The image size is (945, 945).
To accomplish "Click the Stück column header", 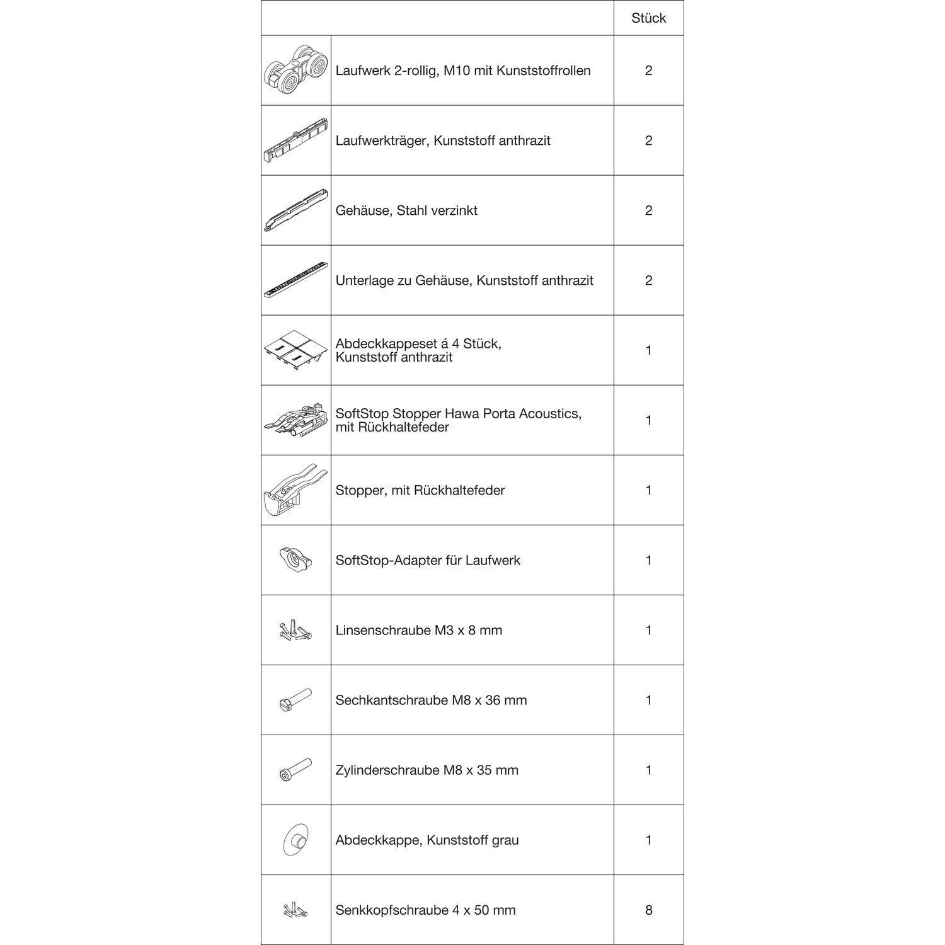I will pos(648,18).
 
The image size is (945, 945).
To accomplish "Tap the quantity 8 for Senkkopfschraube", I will pos(648,910).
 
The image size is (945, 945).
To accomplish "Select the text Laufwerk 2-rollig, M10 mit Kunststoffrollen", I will pos(463,71).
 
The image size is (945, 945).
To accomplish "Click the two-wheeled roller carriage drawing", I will pos(296,71).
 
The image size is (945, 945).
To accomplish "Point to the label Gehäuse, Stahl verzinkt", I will pos(406,210).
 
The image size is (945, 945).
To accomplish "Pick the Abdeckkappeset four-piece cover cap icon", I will pos(295,350).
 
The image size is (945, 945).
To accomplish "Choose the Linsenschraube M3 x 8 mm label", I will pos(419,630).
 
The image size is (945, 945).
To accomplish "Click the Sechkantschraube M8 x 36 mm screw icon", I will pos(295,700).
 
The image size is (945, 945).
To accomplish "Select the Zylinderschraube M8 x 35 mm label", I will pos(427,770).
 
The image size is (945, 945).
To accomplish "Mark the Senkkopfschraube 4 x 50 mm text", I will pos(425,910).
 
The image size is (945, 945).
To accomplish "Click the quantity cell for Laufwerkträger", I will pos(648,140).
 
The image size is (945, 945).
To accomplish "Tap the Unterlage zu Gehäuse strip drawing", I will pos(295,280).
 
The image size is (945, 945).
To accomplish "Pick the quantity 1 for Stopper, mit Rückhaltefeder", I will pos(648,490).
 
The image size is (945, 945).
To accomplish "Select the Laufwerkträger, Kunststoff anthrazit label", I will pos(443,140).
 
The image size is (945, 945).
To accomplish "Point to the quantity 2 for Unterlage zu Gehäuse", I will pos(648,280).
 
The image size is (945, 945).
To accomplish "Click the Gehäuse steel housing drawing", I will pos(295,210).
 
